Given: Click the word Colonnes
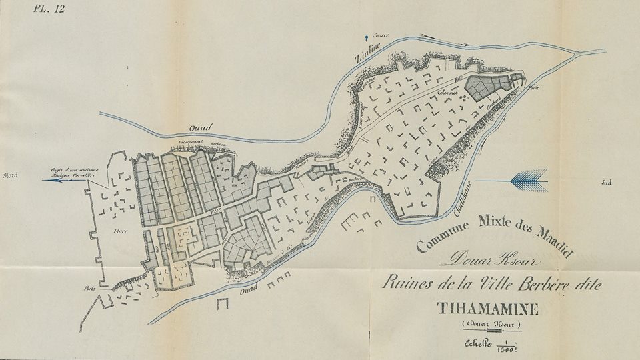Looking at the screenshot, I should click(446, 93).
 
